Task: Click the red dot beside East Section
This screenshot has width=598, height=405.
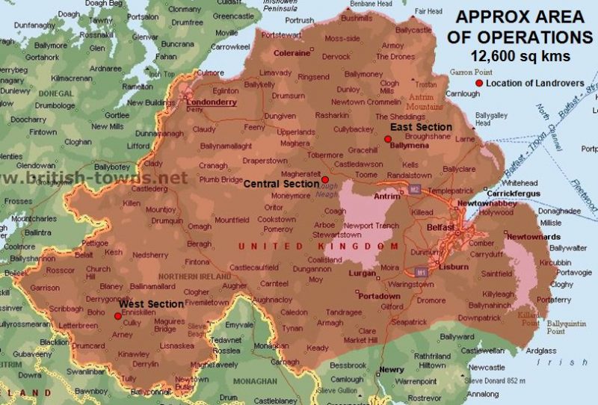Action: (387, 139)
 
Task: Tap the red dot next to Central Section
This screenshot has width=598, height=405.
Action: (325, 180)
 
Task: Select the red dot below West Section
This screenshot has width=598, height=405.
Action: (117, 316)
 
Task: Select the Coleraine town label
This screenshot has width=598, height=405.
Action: (292, 53)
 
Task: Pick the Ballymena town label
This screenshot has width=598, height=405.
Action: (409, 146)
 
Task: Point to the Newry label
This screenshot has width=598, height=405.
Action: (391, 369)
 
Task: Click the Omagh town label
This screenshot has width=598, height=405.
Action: (200, 226)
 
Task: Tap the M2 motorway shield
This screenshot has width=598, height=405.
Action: (415, 190)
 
